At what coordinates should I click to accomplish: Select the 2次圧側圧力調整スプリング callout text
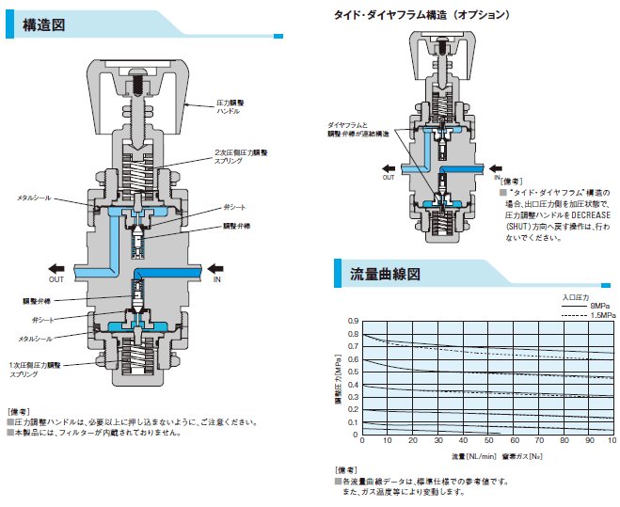(242, 157)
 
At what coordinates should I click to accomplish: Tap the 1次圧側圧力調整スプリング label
(38, 369)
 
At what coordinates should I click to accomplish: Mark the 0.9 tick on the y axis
(354, 321)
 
